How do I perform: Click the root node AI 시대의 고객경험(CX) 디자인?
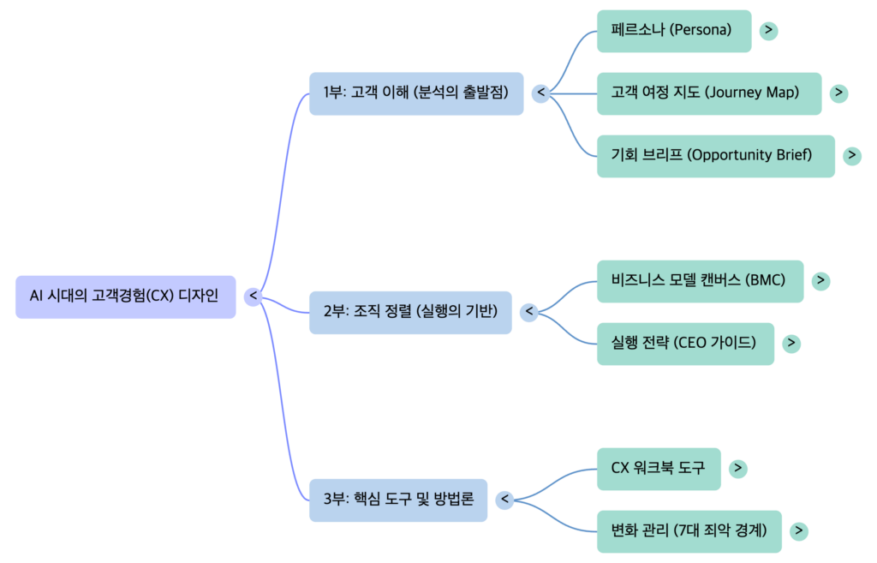coord(125,296)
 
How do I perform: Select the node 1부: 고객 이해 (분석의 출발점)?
coord(415,93)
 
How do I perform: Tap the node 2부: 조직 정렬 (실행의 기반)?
coord(410,313)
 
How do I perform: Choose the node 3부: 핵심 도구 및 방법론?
coord(398,500)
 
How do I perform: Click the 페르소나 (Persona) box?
coord(673,31)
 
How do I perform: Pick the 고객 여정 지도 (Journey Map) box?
coord(708,93)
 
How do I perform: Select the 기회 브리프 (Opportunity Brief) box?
coord(714,156)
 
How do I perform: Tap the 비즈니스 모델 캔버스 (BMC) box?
coord(700,281)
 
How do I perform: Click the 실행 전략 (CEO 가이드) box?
coord(684,344)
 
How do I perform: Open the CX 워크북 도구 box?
coord(658,469)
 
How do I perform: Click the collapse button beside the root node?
coord(253,296)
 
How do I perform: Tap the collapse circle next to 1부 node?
coord(540,93)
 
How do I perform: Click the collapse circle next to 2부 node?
coord(529,313)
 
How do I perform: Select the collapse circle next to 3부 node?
coord(504,500)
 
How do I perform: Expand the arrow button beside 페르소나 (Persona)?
coord(768,31)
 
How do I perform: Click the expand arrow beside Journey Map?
coord(839,93)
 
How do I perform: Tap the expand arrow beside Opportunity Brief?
coord(851,156)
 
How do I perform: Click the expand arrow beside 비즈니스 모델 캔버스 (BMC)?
coord(820,281)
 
